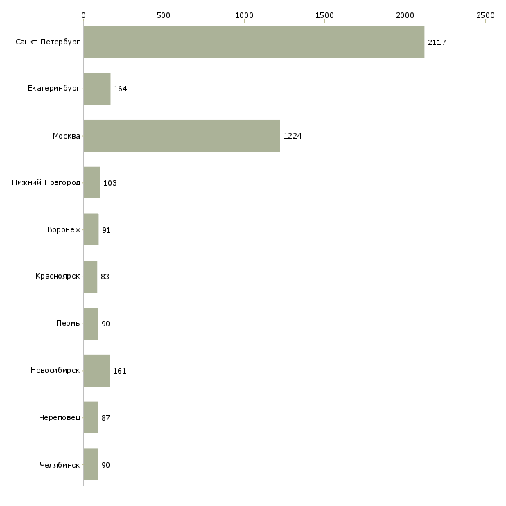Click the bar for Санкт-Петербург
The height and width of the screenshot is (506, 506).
pyautogui.click(x=254, y=42)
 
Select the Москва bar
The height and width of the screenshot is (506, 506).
pyautogui.click(x=182, y=136)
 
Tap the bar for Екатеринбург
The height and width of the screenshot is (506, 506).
pyautogui.click(x=97, y=89)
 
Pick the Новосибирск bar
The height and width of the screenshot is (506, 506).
pyautogui.click(x=96, y=371)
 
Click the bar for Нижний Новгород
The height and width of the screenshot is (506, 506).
pyautogui.click(x=91, y=183)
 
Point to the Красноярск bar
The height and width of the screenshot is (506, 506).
pyautogui.click(x=90, y=277)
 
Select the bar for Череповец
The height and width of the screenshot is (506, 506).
pyautogui.click(x=91, y=418)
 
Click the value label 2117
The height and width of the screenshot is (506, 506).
pyautogui.click(x=437, y=42)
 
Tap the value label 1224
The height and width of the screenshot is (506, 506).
pyautogui.click(x=293, y=136)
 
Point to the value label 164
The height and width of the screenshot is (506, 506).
pyautogui.click(x=121, y=89)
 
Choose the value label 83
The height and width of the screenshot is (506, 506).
pyautogui.click(x=105, y=277)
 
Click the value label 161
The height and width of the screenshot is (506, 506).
pyautogui.click(x=120, y=371)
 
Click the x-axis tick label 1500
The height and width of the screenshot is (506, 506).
pyautogui.click(x=324, y=15)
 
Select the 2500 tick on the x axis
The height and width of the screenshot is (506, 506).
pyautogui.click(x=485, y=15)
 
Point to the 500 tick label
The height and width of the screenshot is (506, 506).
pyautogui.click(x=164, y=15)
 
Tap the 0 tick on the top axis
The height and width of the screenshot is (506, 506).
pyautogui.click(x=83, y=15)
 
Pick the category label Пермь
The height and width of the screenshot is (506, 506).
pyautogui.click(x=68, y=324)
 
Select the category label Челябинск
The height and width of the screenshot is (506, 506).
pyautogui.click(x=60, y=465)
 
